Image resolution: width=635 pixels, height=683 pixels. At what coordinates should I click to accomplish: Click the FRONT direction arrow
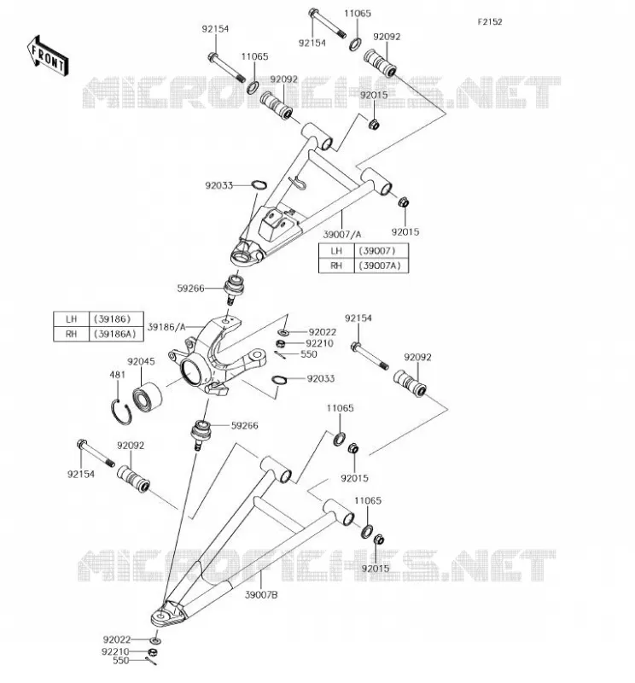point(48,56)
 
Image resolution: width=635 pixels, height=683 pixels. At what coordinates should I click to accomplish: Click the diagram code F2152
point(490,22)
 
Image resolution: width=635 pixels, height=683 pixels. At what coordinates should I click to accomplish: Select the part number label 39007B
point(261,594)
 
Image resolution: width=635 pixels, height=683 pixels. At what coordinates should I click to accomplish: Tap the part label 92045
point(141,361)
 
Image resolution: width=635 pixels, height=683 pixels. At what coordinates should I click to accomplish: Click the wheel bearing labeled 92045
point(147,397)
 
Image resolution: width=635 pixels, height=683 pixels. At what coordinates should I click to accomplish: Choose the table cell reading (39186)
point(115,319)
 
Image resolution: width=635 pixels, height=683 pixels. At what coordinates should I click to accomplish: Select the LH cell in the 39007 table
point(336,251)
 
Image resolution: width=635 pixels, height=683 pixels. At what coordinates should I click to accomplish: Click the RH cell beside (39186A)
point(71,334)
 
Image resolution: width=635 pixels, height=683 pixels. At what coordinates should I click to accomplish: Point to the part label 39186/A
point(166,327)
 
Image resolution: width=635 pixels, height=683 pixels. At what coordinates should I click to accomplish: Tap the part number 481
point(117,375)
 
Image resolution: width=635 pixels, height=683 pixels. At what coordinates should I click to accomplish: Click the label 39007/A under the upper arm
point(342,234)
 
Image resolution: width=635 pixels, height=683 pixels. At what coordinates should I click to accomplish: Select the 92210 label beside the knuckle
point(319,344)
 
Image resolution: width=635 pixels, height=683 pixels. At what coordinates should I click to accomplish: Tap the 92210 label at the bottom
point(115,651)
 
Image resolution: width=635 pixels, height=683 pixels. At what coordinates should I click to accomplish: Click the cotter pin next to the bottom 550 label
point(151,661)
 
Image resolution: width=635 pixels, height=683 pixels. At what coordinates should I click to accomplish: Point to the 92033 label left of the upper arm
point(219,185)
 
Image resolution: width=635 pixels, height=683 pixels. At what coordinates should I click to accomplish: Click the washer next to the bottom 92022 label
point(154,640)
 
